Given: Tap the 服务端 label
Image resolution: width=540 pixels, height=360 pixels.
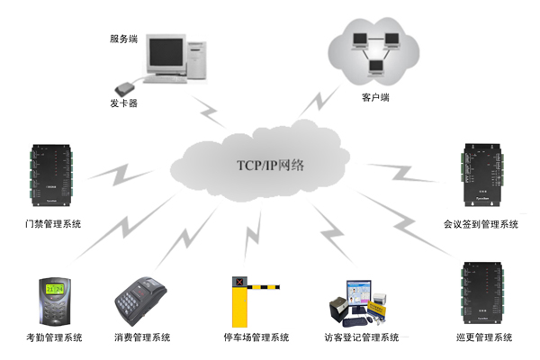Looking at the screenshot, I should tap(122, 40).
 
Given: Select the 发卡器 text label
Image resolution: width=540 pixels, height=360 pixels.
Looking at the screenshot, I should tap(122, 104).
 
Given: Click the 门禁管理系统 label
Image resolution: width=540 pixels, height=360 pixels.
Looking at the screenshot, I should tap(54, 222).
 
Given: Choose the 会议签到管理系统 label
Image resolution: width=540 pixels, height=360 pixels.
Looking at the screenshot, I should tap(481, 222).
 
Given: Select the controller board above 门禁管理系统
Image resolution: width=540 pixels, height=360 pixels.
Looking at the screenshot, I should tap(55, 174).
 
